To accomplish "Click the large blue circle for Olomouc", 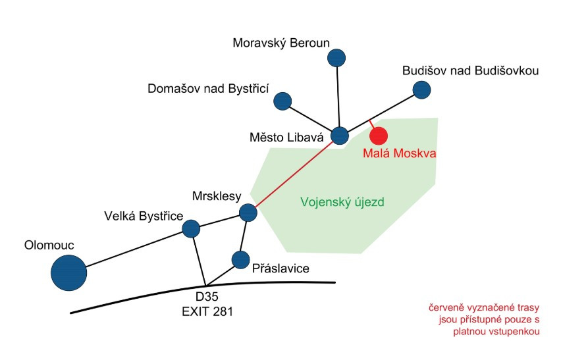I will coord(69,272).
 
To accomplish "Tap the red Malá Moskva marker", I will coord(378,136).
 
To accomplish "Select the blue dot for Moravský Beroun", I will coord(337,58).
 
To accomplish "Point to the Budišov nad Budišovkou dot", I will coord(421,89).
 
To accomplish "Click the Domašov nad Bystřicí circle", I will coord(282,101).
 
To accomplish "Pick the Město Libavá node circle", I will coord(339,136).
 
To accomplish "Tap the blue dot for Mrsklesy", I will coord(248,213).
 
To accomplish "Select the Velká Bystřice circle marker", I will coord(191,228).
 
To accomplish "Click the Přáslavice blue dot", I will coord(240,259).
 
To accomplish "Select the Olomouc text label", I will coord(49,245).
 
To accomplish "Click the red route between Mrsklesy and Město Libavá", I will coord(293,174).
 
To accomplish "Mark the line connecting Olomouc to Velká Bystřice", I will coord(135,248).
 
